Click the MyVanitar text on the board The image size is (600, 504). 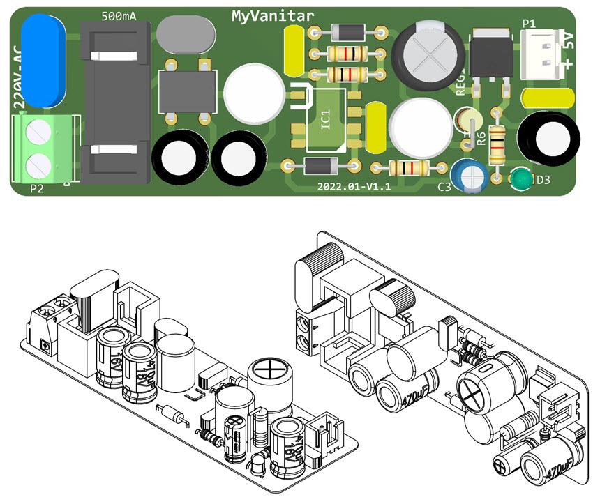click(273, 15)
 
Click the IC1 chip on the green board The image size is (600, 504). click(325, 120)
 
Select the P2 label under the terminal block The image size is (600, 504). click(36, 189)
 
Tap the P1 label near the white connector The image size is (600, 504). click(529, 23)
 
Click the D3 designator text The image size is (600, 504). click(542, 180)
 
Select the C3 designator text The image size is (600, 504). click(444, 187)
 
